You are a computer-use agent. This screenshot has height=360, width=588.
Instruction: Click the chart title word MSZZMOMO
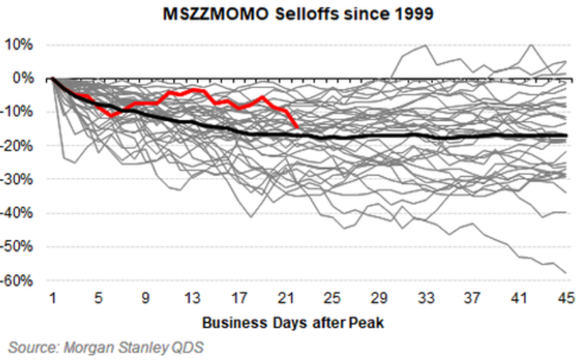pos(208,14)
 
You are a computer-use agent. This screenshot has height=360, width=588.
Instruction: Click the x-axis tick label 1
pos(52,298)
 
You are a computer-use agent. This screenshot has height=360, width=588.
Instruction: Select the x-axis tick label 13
pos(192,298)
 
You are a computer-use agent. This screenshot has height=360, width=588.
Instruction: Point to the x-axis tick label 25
pos(333,298)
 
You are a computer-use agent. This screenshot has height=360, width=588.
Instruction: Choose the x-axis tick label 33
pos(426,298)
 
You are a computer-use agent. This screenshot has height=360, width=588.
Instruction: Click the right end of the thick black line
pos(566,137)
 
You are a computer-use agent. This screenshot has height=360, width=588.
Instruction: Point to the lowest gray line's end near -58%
pos(566,272)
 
